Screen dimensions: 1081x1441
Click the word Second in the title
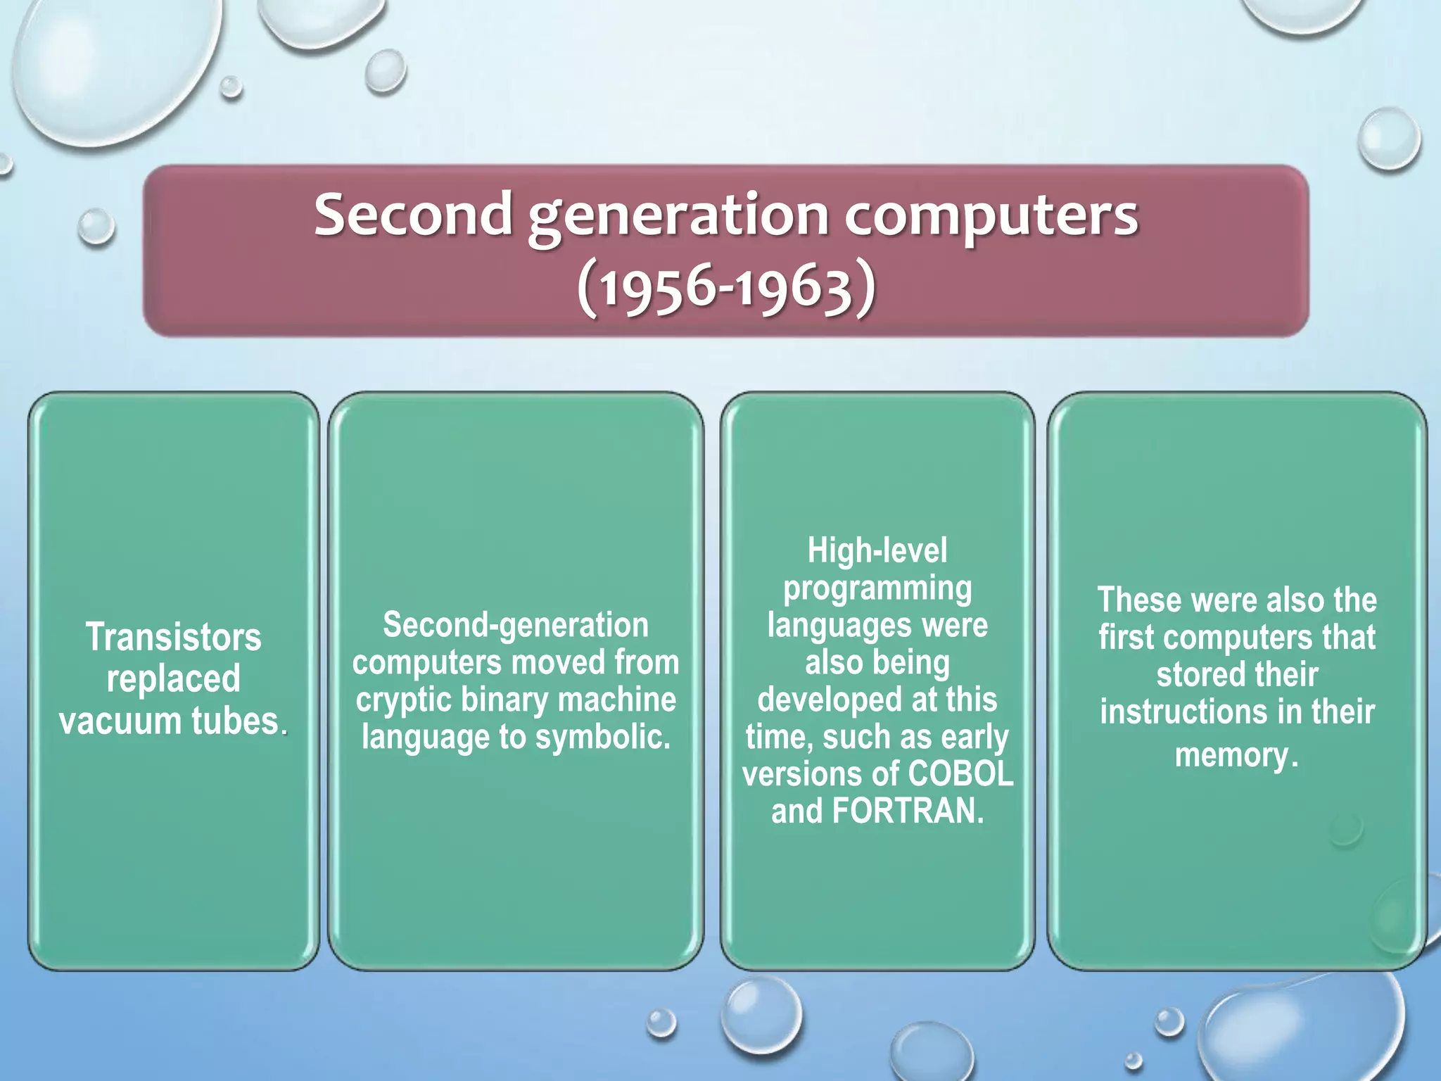coord(413,215)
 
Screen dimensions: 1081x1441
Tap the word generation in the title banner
coord(678,217)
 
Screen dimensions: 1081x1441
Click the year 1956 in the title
coord(654,289)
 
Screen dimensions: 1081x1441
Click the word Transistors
coord(174,637)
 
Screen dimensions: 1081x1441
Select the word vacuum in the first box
coord(120,721)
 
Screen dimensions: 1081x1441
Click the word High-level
coord(877,550)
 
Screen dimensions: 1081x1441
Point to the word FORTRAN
coord(908,811)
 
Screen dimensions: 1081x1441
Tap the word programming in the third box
coord(877,588)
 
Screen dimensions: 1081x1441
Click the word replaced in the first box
coord(174,678)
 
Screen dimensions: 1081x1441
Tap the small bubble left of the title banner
coord(96,227)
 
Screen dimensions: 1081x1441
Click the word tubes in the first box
coord(238,721)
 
